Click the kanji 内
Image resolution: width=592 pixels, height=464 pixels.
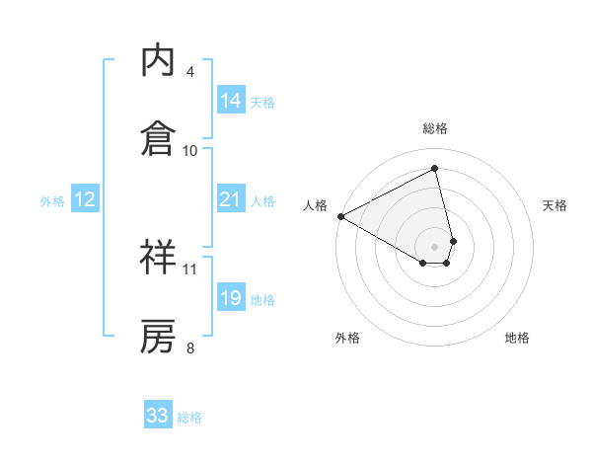pyautogui.click(x=158, y=60)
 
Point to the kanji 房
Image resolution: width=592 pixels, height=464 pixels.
pyautogui.click(x=158, y=336)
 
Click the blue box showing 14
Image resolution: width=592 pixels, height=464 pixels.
pyautogui.click(x=231, y=101)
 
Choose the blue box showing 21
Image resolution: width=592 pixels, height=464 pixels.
pyautogui.click(x=231, y=199)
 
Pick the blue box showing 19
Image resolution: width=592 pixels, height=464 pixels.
pyautogui.click(x=231, y=298)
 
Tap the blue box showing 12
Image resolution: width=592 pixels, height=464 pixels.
pyautogui.click(x=85, y=199)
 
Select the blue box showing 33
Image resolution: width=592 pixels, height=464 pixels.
pyautogui.click(x=158, y=416)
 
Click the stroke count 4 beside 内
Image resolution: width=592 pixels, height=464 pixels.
pyautogui.click(x=189, y=72)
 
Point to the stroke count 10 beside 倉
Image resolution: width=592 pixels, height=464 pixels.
pyautogui.click(x=190, y=150)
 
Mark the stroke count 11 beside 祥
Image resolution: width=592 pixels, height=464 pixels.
pyautogui.click(x=190, y=269)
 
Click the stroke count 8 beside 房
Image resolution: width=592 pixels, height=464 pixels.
pyautogui.click(x=189, y=348)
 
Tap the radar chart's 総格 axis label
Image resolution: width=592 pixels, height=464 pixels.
pyautogui.click(x=435, y=128)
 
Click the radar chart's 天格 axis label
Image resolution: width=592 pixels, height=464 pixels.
pyautogui.click(x=555, y=205)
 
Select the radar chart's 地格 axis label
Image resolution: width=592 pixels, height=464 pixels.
pyautogui.click(x=517, y=338)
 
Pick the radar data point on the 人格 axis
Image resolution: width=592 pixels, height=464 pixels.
pyautogui.click(x=340, y=215)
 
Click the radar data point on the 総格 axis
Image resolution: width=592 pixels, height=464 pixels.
pyautogui.click(x=435, y=169)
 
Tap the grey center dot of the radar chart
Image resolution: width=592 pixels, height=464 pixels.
pyautogui.click(x=435, y=246)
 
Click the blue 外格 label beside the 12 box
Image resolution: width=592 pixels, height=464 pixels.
pyautogui.click(x=52, y=200)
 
